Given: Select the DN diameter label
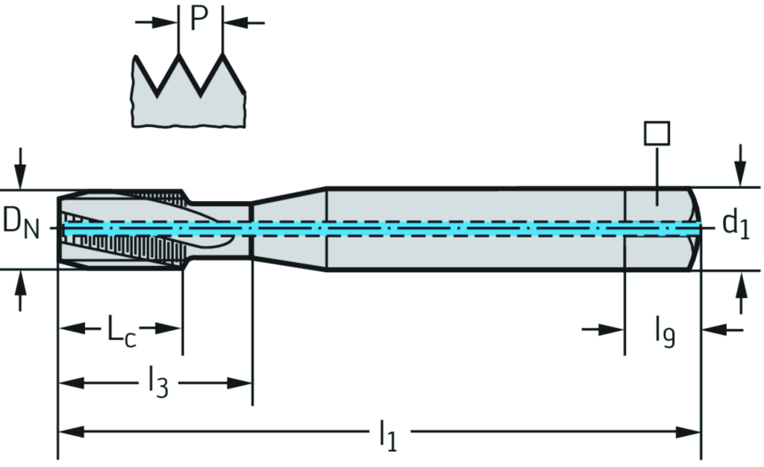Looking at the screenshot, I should [x=20, y=222].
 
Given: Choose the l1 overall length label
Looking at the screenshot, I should [x=386, y=435].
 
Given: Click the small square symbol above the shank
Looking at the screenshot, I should [x=657, y=133].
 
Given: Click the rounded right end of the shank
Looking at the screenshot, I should [x=694, y=228].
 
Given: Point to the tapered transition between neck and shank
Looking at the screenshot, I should [x=289, y=228].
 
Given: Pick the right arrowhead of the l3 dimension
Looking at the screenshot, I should [x=243, y=384].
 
